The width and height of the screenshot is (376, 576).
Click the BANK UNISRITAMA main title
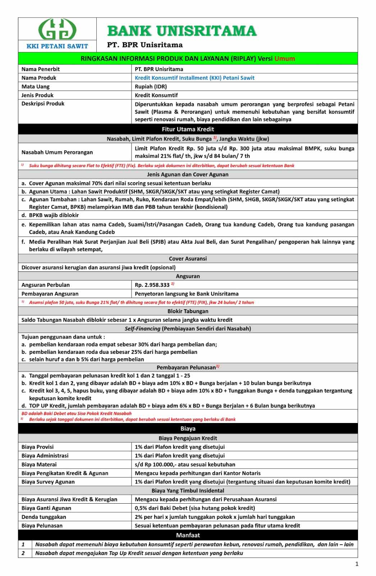pyautogui.click(x=182, y=31)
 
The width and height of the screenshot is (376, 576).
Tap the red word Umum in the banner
pyautogui.click(x=285, y=59)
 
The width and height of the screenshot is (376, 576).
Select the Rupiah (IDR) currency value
pyautogui.click(x=151, y=86)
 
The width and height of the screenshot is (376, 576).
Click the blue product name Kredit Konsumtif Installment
pyautogui.click(x=194, y=78)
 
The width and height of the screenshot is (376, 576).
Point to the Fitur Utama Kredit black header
pyautogui.click(x=188, y=129)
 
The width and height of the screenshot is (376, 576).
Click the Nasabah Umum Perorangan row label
pyautogui.click(x=57, y=152)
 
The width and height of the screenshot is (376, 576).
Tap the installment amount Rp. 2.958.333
pyautogui.click(x=152, y=285)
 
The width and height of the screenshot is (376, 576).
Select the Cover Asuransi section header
pyautogui.click(x=188, y=258)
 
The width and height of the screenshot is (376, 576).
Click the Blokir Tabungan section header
pyautogui.click(x=188, y=311)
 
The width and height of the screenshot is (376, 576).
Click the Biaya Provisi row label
pyautogui.click(x=37, y=447)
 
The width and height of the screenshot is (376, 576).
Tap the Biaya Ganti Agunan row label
pyautogui.click(x=46, y=508)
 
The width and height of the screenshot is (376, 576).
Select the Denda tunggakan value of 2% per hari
pyautogui.click(x=215, y=517)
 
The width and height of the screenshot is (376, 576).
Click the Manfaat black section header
pyautogui.click(x=188, y=535)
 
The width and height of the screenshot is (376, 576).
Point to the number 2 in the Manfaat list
pyautogui.click(x=23, y=553)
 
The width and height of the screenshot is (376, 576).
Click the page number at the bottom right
pyautogui.click(x=357, y=564)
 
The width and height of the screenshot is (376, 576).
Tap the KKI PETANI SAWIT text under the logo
pyautogui.click(x=57, y=46)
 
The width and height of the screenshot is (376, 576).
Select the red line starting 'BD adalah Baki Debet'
pyautogui.click(x=77, y=413)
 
